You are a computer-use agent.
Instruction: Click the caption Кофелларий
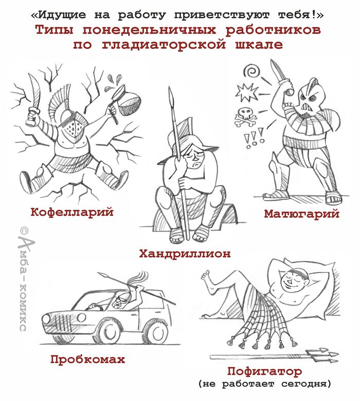72,212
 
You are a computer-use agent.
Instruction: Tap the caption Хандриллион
185,253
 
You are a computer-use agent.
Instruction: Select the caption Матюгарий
302,213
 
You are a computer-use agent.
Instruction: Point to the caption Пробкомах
88,359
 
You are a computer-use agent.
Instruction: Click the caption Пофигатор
264,372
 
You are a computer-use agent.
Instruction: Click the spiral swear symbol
251,70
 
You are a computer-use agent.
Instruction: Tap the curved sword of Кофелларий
34,100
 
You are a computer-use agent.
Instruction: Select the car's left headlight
46,319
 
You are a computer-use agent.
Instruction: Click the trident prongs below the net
323,355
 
